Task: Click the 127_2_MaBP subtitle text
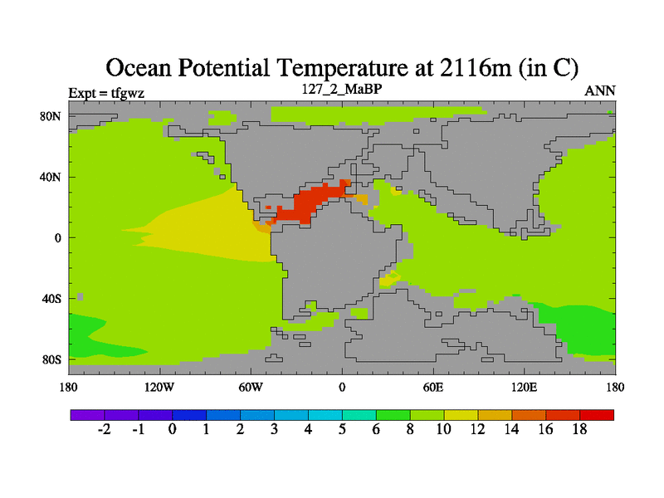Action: [341, 88]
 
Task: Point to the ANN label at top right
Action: [600, 90]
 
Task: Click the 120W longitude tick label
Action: [159, 387]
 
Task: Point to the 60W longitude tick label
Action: [250, 387]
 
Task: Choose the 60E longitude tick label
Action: [432, 387]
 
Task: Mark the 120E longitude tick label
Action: [524, 387]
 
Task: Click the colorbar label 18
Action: [579, 429]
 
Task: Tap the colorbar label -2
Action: [105, 429]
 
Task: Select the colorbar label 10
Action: [444, 429]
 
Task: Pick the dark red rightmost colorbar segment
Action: [597, 414]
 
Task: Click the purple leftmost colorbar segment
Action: [87, 414]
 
